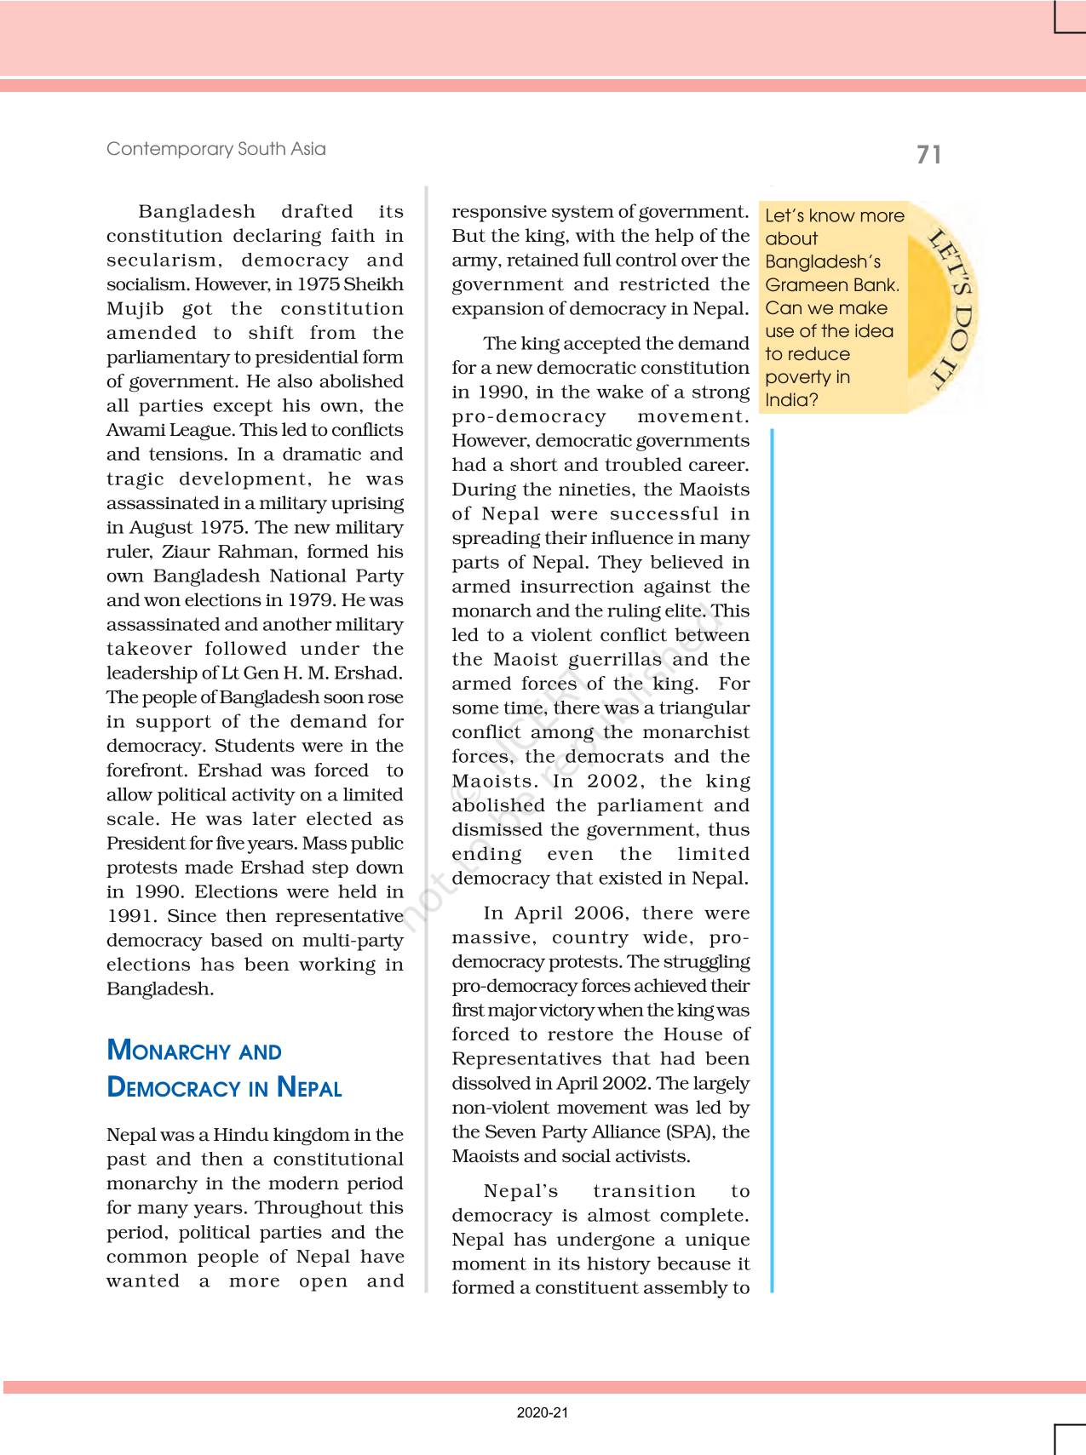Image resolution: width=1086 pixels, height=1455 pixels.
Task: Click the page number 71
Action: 928,155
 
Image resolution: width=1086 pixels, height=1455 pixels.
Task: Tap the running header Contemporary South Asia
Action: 215,149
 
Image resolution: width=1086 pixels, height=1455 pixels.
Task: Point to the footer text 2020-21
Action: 542,1412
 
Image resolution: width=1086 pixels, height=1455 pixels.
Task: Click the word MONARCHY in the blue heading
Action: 170,1051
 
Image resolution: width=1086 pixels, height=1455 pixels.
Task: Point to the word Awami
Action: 135,431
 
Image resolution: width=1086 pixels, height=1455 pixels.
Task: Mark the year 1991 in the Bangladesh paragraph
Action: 129,917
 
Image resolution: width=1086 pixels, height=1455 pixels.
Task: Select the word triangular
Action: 704,708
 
